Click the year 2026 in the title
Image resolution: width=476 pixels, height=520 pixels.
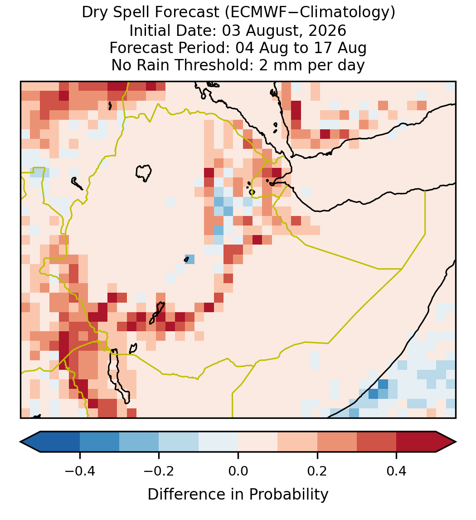[x=327, y=30]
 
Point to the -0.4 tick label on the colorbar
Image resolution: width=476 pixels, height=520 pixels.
[x=79, y=471]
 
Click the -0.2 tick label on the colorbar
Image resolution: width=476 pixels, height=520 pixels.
[x=159, y=471]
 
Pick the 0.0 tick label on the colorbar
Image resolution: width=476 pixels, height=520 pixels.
[x=238, y=471]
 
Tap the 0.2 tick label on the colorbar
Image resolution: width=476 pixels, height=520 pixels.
[x=317, y=471]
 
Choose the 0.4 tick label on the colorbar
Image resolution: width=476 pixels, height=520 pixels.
[x=397, y=471]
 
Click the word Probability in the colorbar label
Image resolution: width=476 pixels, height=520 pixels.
[x=288, y=495]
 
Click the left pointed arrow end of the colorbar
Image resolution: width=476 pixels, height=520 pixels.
[x=21, y=442]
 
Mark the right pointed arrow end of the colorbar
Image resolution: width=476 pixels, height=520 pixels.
[x=456, y=442]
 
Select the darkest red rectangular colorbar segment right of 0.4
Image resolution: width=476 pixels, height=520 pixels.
[x=416, y=442]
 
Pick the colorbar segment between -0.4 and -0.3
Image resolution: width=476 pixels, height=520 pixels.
[x=99, y=442]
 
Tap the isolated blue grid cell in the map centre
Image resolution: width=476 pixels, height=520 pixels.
[x=189, y=259]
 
